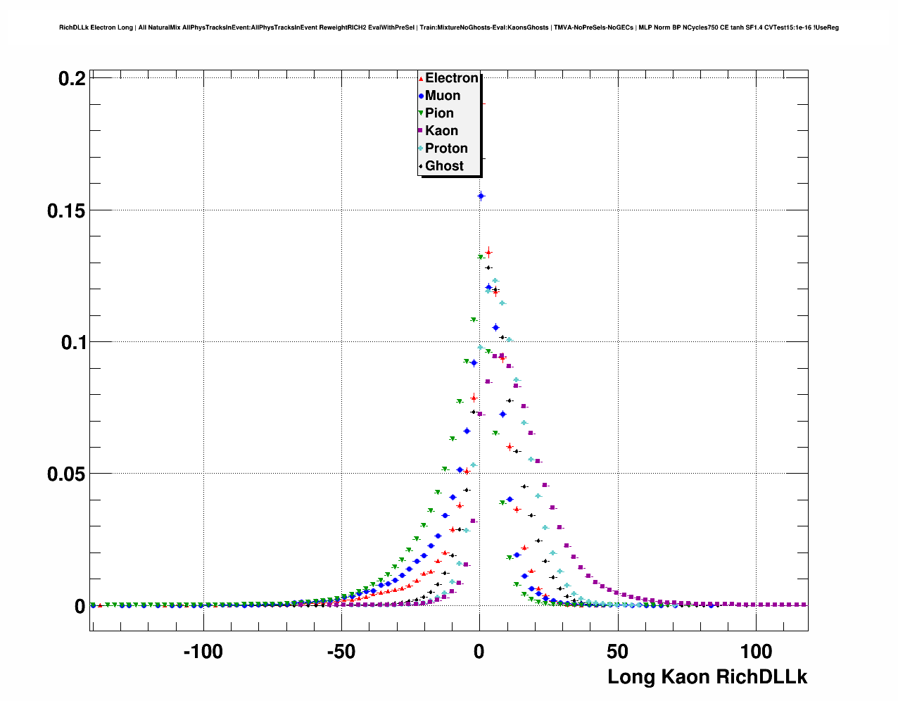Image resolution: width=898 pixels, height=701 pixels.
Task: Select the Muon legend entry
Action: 442,96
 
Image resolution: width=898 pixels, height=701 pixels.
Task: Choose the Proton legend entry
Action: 445,149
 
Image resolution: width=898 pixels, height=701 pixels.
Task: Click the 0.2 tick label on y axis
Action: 72,79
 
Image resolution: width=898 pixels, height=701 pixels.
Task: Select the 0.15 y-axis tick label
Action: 66,210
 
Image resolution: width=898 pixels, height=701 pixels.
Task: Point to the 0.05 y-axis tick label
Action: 66,474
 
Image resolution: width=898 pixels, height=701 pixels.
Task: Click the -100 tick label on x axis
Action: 203,652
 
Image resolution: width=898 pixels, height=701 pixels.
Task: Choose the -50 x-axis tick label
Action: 341,652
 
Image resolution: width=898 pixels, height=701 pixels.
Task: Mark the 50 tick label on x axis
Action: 617,652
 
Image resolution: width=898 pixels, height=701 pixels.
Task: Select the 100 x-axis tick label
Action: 756,652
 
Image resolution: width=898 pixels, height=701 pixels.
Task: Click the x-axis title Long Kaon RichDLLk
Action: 707,677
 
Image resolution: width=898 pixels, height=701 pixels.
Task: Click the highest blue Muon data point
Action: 481,196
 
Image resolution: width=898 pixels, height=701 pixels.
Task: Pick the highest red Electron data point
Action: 488,252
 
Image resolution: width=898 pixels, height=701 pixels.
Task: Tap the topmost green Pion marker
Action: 481,258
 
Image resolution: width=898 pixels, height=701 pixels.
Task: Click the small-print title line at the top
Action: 449,27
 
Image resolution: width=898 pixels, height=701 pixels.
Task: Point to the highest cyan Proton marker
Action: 495,281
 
